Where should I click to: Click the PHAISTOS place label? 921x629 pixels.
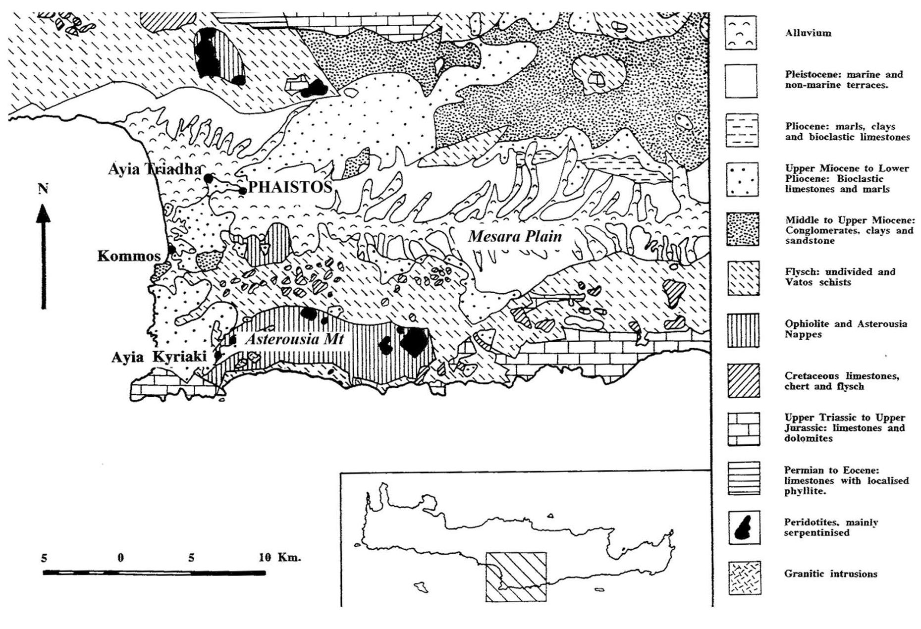click(x=290, y=187)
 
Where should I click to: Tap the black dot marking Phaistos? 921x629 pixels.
click(x=243, y=191)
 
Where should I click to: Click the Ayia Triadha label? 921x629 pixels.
click(x=155, y=169)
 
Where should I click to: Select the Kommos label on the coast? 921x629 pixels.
click(x=129, y=256)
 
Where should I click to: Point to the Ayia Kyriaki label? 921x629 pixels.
click(x=159, y=357)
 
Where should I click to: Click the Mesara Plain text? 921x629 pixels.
click(x=515, y=236)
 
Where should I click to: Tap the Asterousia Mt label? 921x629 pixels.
click(x=294, y=339)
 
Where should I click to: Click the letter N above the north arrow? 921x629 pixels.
click(x=43, y=188)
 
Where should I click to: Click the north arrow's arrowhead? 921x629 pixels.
click(x=44, y=214)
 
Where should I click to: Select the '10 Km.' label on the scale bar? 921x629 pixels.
click(x=279, y=557)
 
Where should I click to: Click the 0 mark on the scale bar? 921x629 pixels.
click(x=120, y=558)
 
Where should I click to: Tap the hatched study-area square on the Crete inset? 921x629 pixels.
click(x=516, y=577)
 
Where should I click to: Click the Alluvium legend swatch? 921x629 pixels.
click(x=741, y=33)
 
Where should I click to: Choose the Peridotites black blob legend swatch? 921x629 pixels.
click(x=744, y=528)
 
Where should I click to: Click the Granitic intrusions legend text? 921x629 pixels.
click(x=830, y=574)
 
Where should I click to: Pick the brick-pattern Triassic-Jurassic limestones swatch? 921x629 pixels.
click(x=743, y=429)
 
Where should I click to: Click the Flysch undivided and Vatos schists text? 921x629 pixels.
click(x=839, y=277)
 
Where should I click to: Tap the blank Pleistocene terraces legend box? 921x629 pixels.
click(x=741, y=81)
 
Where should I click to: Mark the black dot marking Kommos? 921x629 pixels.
click(x=171, y=250)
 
